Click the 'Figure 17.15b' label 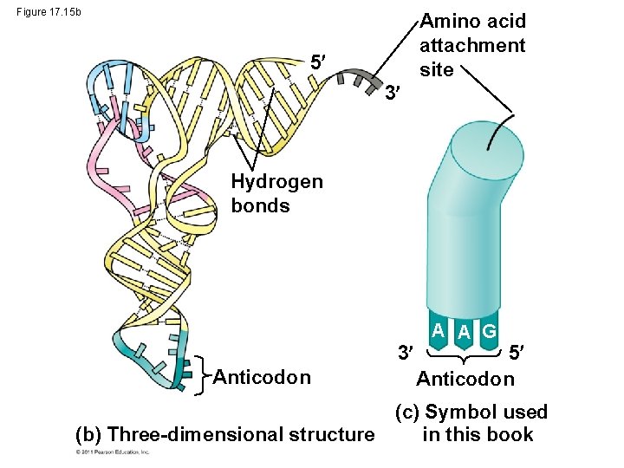(x=49, y=11)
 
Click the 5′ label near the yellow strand (x=319, y=62)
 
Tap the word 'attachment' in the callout (x=471, y=45)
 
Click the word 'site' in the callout (x=436, y=69)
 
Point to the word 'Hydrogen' (x=276, y=181)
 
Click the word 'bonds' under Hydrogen (x=260, y=205)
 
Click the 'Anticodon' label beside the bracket (x=262, y=377)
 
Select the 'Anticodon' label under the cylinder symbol (x=465, y=379)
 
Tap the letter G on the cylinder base (x=489, y=331)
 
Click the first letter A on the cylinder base (x=440, y=329)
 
